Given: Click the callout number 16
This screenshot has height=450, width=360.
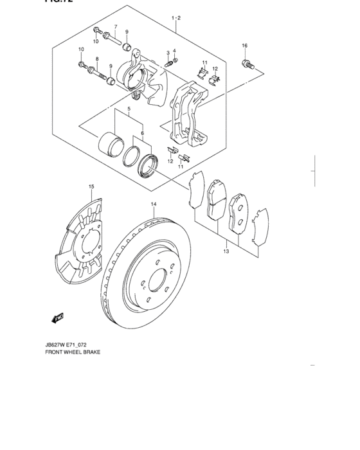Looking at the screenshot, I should [244, 46].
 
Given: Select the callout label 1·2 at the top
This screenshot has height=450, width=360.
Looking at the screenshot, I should [175, 19].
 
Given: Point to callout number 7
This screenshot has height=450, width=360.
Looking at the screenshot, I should [115, 26].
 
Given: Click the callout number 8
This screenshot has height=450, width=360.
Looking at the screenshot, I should [97, 60].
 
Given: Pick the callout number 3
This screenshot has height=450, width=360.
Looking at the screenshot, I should [168, 53].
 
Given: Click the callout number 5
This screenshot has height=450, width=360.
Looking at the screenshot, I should [129, 110].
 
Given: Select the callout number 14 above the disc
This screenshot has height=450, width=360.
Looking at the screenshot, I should [154, 205].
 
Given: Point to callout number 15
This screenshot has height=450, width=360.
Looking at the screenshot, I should [91, 187].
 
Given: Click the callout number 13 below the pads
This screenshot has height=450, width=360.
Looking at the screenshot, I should [226, 251].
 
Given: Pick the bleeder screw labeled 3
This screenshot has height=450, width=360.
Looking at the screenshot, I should [170, 63].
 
